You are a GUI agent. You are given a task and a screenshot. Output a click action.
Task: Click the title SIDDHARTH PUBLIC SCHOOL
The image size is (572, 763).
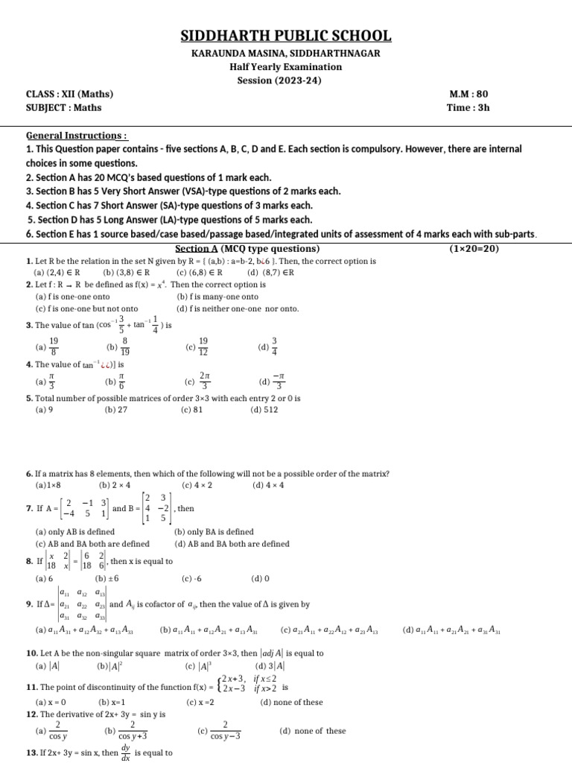point(286,37)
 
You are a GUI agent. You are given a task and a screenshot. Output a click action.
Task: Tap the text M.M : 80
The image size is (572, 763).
point(469,94)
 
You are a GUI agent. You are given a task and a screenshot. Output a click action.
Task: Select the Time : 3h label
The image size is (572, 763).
point(469,107)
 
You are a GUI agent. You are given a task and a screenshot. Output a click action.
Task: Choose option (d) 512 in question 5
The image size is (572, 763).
point(267,409)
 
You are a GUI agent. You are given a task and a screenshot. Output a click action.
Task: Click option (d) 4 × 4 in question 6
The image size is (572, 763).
point(268,484)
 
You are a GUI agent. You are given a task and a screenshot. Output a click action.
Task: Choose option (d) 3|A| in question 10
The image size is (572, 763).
point(270,665)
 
